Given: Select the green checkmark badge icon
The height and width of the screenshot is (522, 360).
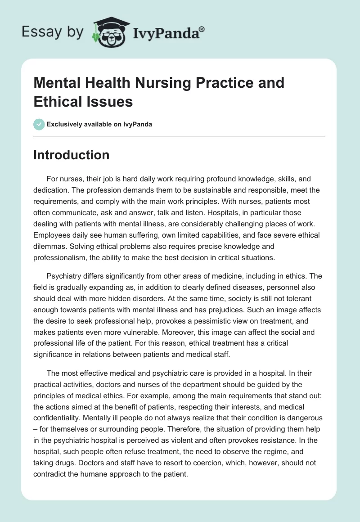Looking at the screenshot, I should tap(39, 124).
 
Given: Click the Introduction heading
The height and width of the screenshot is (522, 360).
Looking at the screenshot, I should tap(72, 155).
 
